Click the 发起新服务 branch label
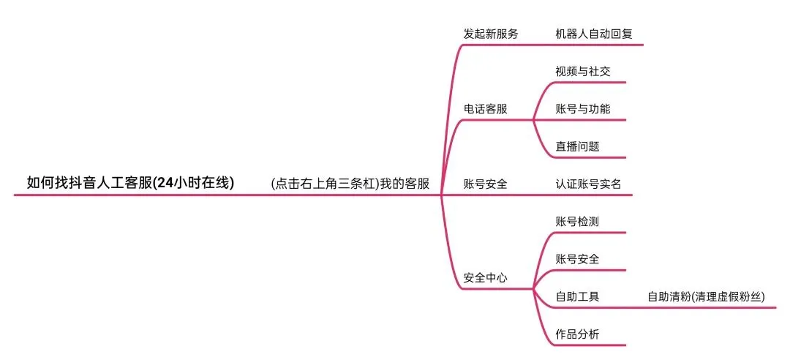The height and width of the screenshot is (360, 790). point(490,34)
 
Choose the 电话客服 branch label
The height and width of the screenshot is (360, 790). point(485,109)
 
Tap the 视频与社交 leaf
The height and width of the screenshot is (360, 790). point(582,72)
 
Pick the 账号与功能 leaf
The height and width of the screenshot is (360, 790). point(582,109)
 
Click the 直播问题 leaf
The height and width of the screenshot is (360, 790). point(577,146)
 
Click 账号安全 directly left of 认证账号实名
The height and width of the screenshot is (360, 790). point(485,184)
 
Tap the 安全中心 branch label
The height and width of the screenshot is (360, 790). point(485,278)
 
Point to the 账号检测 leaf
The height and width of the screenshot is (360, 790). point(577,221)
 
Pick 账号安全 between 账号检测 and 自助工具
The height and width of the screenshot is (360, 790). point(577,259)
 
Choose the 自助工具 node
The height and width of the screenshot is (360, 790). point(577,297)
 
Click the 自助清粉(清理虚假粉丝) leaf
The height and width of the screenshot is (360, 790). point(706,297)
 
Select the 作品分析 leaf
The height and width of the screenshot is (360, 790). point(577,334)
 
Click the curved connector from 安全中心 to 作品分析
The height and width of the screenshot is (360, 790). point(541,322)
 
